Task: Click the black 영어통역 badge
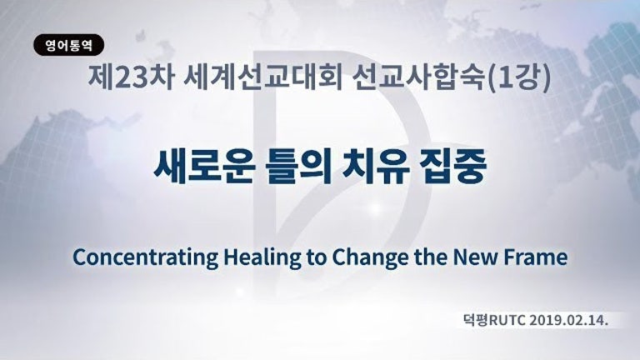point(68,45)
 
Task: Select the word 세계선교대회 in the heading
point(262,77)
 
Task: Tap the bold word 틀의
point(298,167)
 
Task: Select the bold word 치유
point(376,167)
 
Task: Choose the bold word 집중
point(453,167)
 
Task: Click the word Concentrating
point(145,257)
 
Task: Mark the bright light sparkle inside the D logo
point(376,209)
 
